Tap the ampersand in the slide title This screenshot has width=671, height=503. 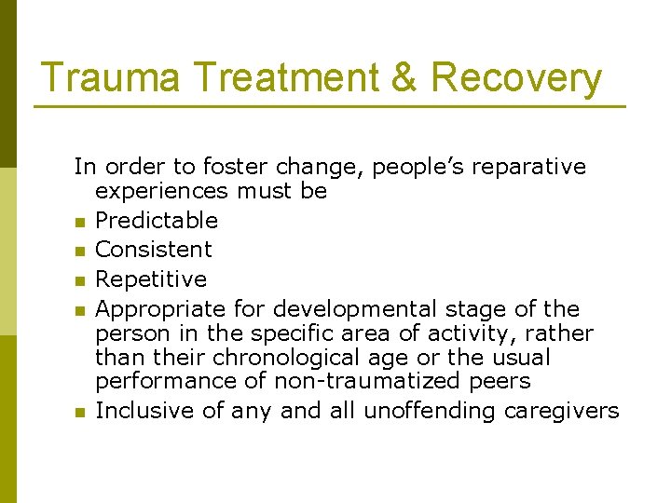(404, 78)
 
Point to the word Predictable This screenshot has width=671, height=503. (157, 221)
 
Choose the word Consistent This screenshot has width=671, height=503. (154, 250)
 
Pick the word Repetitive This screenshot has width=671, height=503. (151, 279)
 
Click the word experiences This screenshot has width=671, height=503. (161, 192)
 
